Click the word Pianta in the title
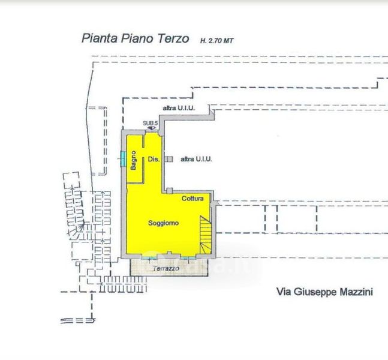coord(100,38)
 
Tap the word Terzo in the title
coord(173,38)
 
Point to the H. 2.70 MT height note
coord(216,41)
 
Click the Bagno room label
coord(133,160)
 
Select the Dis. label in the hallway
coord(154,159)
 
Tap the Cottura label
coord(193,199)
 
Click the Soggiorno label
coord(163,223)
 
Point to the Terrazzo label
coord(166,268)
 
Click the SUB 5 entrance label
coord(150,123)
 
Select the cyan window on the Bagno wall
coord(123,158)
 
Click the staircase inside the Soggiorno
coord(206,235)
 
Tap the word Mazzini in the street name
coord(356,292)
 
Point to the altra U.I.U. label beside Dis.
coord(196,159)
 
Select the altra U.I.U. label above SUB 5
coord(179,108)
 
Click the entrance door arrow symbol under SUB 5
coord(151,128)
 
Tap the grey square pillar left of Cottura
coord(169,191)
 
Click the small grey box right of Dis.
coord(169,159)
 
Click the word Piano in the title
coord(137,38)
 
